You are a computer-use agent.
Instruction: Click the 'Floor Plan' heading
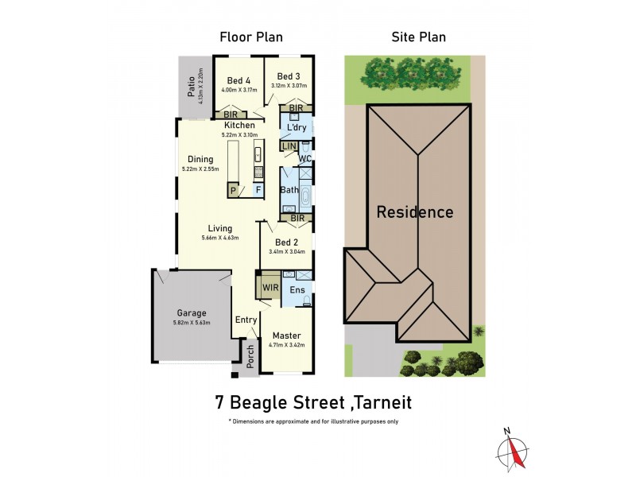(250, 37)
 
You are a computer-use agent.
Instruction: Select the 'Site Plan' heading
(418, 37)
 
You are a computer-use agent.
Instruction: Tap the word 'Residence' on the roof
(414, 212)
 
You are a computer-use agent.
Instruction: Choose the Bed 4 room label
(238, 80)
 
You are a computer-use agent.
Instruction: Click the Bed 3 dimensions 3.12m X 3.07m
(289, 86)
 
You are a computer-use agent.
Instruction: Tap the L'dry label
(297, 127)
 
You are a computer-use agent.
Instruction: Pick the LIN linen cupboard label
(289, 146)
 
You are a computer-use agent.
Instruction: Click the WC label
(304, 159)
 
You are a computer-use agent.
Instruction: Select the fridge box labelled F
(258, 191)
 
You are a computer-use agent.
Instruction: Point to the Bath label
(289, 191)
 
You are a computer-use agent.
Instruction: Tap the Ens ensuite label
(297, 290)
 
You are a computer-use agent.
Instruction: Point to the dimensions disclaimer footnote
(313, 421)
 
